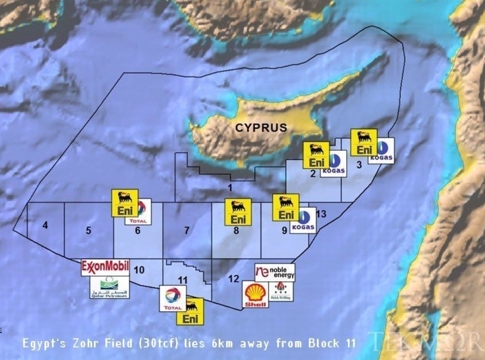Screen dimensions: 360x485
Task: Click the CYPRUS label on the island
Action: [261, 128]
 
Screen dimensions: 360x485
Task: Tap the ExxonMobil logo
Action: [105, 267]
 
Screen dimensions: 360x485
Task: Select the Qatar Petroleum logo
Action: [109, 287]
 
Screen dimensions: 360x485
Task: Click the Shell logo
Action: [256, 295]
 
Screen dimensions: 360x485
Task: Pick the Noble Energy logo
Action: [275, 272]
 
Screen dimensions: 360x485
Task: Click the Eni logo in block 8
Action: [238, 212]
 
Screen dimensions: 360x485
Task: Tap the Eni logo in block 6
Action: [125, 203]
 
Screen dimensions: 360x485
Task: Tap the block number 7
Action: [187, 231]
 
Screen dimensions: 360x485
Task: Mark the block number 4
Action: [45, 225]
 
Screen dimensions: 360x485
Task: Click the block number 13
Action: [321, 214]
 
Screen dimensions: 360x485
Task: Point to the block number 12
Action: [233, 279]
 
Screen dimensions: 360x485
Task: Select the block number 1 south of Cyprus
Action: [230, 188]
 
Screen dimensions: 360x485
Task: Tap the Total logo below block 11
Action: [173, 299]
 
